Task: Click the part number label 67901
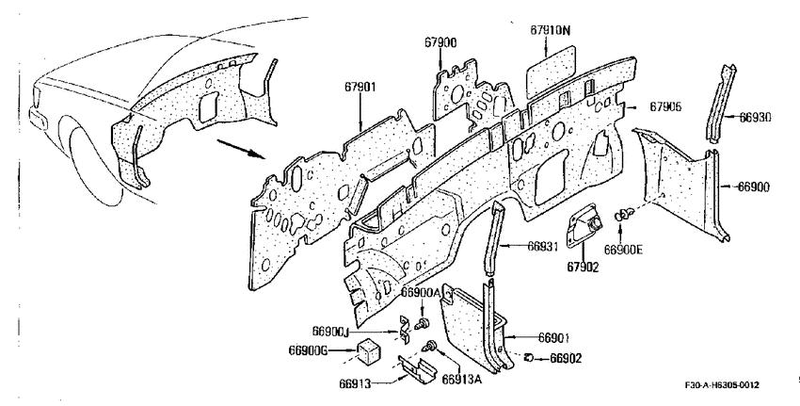click(360, 87)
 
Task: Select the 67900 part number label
click(440, 43)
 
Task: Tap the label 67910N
click(550, 30)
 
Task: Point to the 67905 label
click(665, 106)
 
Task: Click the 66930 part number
click(755, 118)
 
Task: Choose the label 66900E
click(623, 250)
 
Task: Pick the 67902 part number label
click(583, 267)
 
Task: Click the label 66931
click(543, 246)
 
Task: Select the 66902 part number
click(566, 359)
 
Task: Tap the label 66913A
click(461, 379)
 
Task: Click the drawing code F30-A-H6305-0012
click(722, 385)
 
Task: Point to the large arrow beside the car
click(239, 149)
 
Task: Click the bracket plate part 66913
click(417, 367)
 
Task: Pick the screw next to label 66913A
click(429, 346)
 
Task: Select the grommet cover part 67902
click(584, 225)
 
